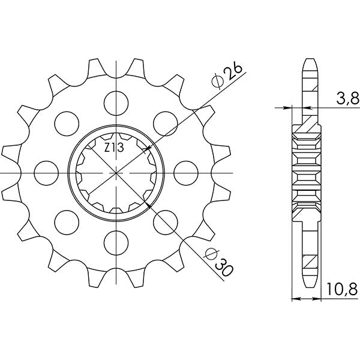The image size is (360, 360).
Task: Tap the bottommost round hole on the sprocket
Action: [114, 243]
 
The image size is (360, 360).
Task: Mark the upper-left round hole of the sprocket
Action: [64, 122]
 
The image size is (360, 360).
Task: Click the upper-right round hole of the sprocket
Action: [164, 122]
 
